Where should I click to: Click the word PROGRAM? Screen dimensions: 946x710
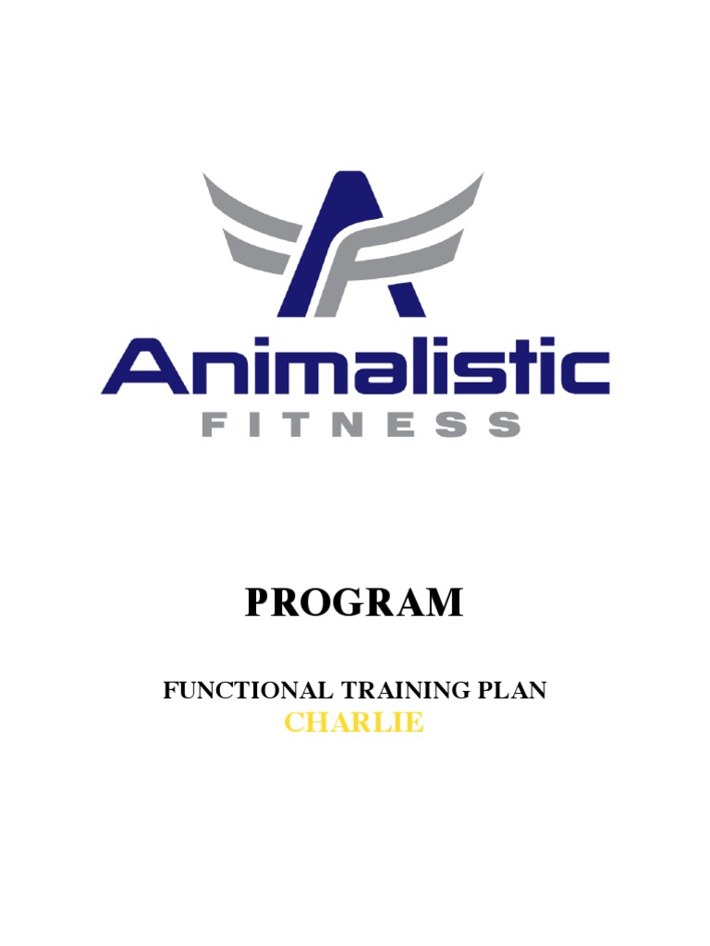354,603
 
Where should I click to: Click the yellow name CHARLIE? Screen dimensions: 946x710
354,722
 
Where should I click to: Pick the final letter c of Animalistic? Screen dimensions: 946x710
583,373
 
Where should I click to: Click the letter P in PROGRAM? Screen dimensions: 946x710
260,603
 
